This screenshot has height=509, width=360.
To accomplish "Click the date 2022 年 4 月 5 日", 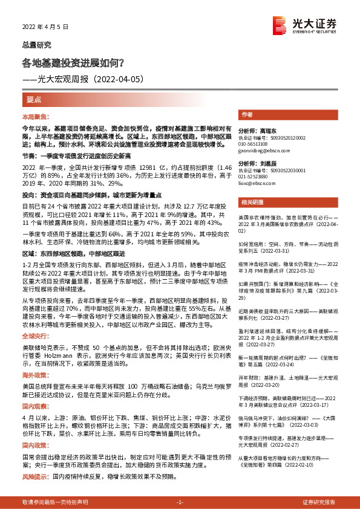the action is click(45, 27).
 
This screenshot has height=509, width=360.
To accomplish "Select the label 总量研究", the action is click(37, 45).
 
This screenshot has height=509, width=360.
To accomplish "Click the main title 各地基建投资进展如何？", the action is click(73, 62).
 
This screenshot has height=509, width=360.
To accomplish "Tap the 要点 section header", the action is click(34, 99).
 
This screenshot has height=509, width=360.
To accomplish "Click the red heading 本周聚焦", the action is click(34, 115).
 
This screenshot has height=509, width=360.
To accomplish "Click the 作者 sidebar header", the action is click(246, 114).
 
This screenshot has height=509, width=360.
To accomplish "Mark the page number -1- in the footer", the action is click(179, 502).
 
